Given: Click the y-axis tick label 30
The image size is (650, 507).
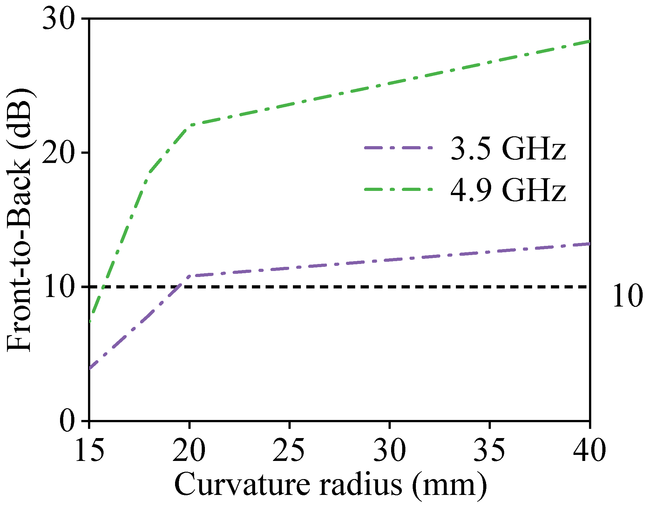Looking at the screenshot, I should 60,20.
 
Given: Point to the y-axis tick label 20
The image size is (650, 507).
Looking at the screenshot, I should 60,153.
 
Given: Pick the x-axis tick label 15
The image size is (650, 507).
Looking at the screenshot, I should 89,450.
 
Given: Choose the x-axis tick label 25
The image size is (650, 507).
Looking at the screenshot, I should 289,450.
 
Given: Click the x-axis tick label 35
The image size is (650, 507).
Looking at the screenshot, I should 489,450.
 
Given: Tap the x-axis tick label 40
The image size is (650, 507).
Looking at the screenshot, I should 589,450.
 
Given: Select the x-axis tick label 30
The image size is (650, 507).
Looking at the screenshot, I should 389,450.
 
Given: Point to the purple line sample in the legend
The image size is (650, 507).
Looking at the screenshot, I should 398,148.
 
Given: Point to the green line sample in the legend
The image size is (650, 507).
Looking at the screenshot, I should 398,189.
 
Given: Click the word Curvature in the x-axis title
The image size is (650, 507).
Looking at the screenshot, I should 241,484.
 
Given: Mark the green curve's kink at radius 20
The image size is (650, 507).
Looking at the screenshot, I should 190,125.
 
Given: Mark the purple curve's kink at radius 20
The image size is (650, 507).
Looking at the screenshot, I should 190,276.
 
